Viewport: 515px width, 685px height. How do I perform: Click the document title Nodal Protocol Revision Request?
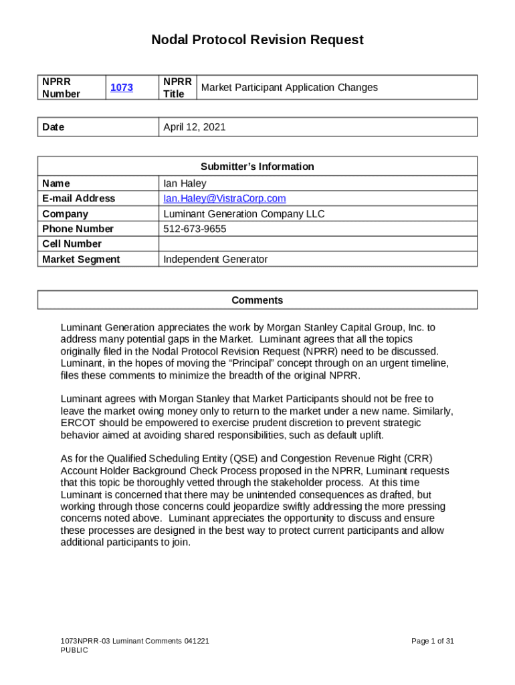click(x=257, y=40)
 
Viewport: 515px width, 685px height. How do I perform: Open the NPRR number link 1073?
click(x=122, y=88)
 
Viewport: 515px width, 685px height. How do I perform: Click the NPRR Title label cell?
click(x=177, y=88)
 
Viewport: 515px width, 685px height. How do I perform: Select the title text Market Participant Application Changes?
click(x=289, y=88)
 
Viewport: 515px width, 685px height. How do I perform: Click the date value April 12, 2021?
click(x=195, y=127)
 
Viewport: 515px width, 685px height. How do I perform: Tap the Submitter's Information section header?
click(x=257, y=167)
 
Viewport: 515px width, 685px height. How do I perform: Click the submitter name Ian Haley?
click(x=185, y=183)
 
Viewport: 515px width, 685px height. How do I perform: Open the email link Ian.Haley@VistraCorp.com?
click(x=225, y=199)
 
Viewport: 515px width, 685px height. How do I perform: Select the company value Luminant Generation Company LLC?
click(x=244, y=214)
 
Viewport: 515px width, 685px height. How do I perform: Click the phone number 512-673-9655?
click(x=195, y=229)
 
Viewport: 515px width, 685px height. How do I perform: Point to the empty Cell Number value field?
click(x=318, y=244)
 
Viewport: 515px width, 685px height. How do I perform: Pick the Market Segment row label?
click(x=81, y=260)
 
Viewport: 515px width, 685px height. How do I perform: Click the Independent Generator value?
click(x=215, y=260)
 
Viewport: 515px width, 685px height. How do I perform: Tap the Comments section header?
click(x=257, y=300)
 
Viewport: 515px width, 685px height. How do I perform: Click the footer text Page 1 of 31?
click(x=433, y=641)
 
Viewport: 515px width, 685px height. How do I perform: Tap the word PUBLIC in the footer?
click(x=74, y=650)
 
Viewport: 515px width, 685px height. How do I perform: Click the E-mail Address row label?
click(x=78, y=199)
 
